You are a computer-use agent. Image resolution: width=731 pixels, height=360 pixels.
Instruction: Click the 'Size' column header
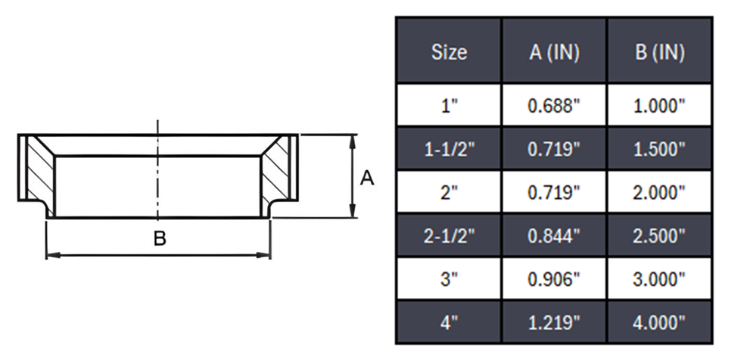pos(449,52)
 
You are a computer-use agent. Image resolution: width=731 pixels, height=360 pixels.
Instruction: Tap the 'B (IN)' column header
pos(659,52)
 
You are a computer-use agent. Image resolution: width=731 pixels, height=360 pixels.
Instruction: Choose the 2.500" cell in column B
pos(659,236)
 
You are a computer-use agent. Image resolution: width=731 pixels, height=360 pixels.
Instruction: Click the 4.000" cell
pos(659,323)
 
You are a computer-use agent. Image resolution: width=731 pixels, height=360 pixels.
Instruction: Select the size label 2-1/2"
pos(449,236)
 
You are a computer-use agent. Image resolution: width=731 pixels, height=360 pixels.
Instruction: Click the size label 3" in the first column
pos(449,279)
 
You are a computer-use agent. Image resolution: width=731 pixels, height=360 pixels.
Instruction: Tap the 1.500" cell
pos(659,149)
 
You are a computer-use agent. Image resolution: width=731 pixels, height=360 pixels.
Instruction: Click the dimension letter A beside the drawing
pos(366,178)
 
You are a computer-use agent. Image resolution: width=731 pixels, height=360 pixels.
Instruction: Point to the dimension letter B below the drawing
pos(159,240)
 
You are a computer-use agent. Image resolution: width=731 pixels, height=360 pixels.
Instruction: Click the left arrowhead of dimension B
pos(50,256)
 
